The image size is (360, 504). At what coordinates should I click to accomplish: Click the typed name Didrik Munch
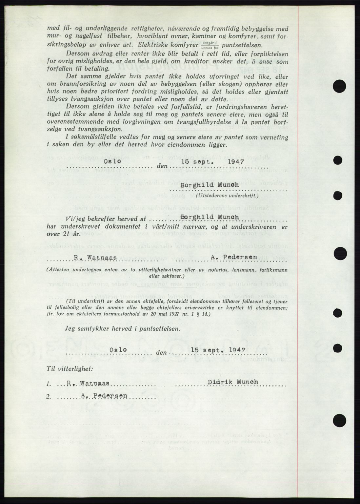tap(232, 382)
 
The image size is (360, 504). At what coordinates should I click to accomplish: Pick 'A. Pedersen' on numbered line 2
tap(104, 396)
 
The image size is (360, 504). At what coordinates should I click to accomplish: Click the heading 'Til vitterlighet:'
tap(70, 368)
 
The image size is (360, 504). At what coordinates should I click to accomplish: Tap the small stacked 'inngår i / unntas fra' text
tap(210, 45)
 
